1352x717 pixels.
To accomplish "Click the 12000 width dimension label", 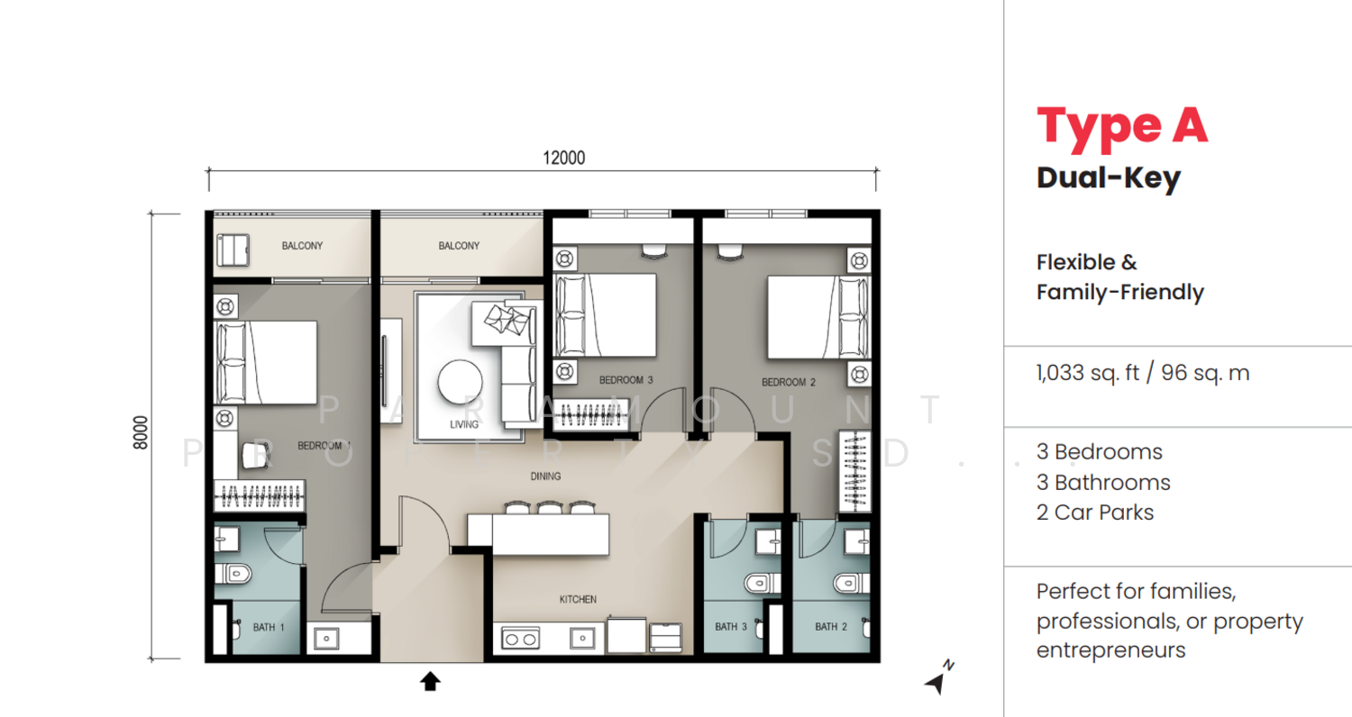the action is point(563,158).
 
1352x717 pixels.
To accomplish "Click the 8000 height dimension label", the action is point(140,432).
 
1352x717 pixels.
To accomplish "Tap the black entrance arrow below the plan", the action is point(430,682).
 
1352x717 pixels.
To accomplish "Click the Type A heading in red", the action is point(1122,125).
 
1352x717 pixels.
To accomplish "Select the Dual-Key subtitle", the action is point(1109,178).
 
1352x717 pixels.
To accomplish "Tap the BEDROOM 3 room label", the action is point(626,380).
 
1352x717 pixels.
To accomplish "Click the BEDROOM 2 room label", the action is point(789,382).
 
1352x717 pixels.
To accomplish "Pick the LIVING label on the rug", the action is point(464,424).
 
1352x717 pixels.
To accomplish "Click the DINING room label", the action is point(545,476).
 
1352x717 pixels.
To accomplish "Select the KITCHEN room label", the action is point(578,599).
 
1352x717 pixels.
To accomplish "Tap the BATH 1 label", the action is point(268,627).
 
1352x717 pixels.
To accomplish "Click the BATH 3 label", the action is point(731,627).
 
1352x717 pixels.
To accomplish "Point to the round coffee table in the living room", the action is point(460,382).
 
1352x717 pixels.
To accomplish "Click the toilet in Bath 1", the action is point(233,573).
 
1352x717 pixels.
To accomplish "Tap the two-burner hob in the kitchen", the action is point(521,639).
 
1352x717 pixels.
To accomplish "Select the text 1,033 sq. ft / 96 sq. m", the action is point(1143,373).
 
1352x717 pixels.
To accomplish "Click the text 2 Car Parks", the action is point(1095,513).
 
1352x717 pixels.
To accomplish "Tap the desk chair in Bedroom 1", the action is point(254,455).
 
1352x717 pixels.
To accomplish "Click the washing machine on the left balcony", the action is point(233,250).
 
